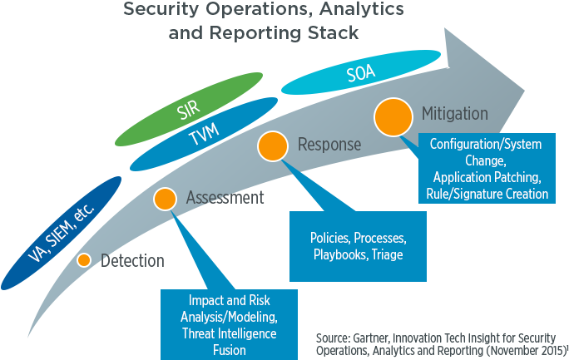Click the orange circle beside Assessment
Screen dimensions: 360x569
(165, 198)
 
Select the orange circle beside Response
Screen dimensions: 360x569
(272, 146)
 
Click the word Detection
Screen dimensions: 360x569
(132, 261)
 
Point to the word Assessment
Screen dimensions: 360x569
(225, 198)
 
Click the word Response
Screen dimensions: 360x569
(329, 145)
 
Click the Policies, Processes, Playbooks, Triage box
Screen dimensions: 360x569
(358, 246)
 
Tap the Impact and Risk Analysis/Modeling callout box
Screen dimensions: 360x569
(229, 324)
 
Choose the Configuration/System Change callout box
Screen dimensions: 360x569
(485, 169)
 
